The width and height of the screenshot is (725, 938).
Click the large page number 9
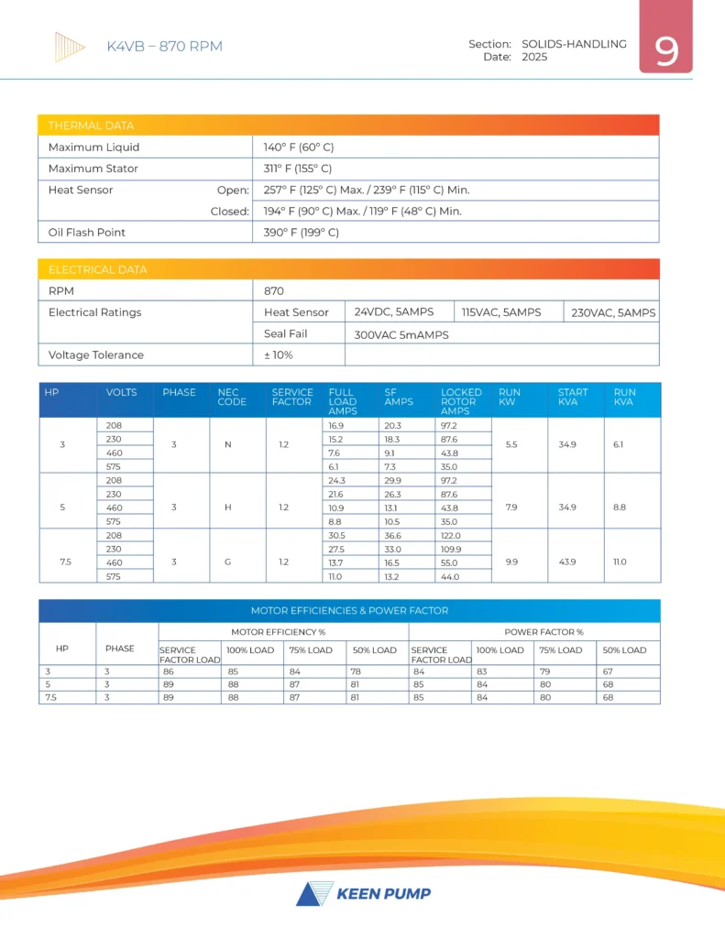click(666, 51)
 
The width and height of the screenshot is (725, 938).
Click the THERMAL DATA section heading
click(91, 125)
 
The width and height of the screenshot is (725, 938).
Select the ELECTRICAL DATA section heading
click(97, 270)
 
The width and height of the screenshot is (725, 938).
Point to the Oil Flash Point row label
click(87, 232)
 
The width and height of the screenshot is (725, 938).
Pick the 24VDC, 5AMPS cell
click(394, 312)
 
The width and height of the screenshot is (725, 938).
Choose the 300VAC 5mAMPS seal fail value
click(401, 334)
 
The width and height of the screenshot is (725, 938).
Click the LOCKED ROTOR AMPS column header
click(461, 401)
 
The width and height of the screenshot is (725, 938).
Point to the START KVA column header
click(573, 397)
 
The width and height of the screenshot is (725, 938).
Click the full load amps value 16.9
click(336, 426)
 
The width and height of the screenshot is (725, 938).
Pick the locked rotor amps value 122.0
click(451, 536)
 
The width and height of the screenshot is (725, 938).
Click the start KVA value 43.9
click(566, 556)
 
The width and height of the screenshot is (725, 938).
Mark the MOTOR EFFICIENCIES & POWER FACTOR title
click(350, 610)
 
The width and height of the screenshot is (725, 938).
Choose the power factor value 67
click(607, 671)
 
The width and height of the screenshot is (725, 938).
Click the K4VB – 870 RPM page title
click(165, 47)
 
